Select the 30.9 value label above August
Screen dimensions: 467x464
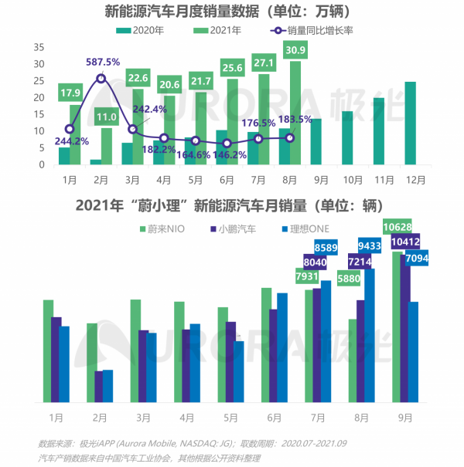pyautogui.click(x=295, y=50)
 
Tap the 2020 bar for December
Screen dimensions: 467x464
pyautogui.click(x=410, y=124)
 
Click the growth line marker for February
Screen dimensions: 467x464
pyautogui.click(x=101, y=79)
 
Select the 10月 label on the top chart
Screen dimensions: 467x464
pyautogui.click(x=353, y=178)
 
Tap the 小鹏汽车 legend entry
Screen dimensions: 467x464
pyautogui.click(x=234, y=228)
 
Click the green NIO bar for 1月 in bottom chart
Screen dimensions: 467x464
pyautogui.click(x=48, y=350)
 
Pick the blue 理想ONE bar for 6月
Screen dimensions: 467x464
pyautogui.click(x=282, y=347)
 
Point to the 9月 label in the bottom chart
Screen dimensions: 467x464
pyautogui.click(x=404, y=417)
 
